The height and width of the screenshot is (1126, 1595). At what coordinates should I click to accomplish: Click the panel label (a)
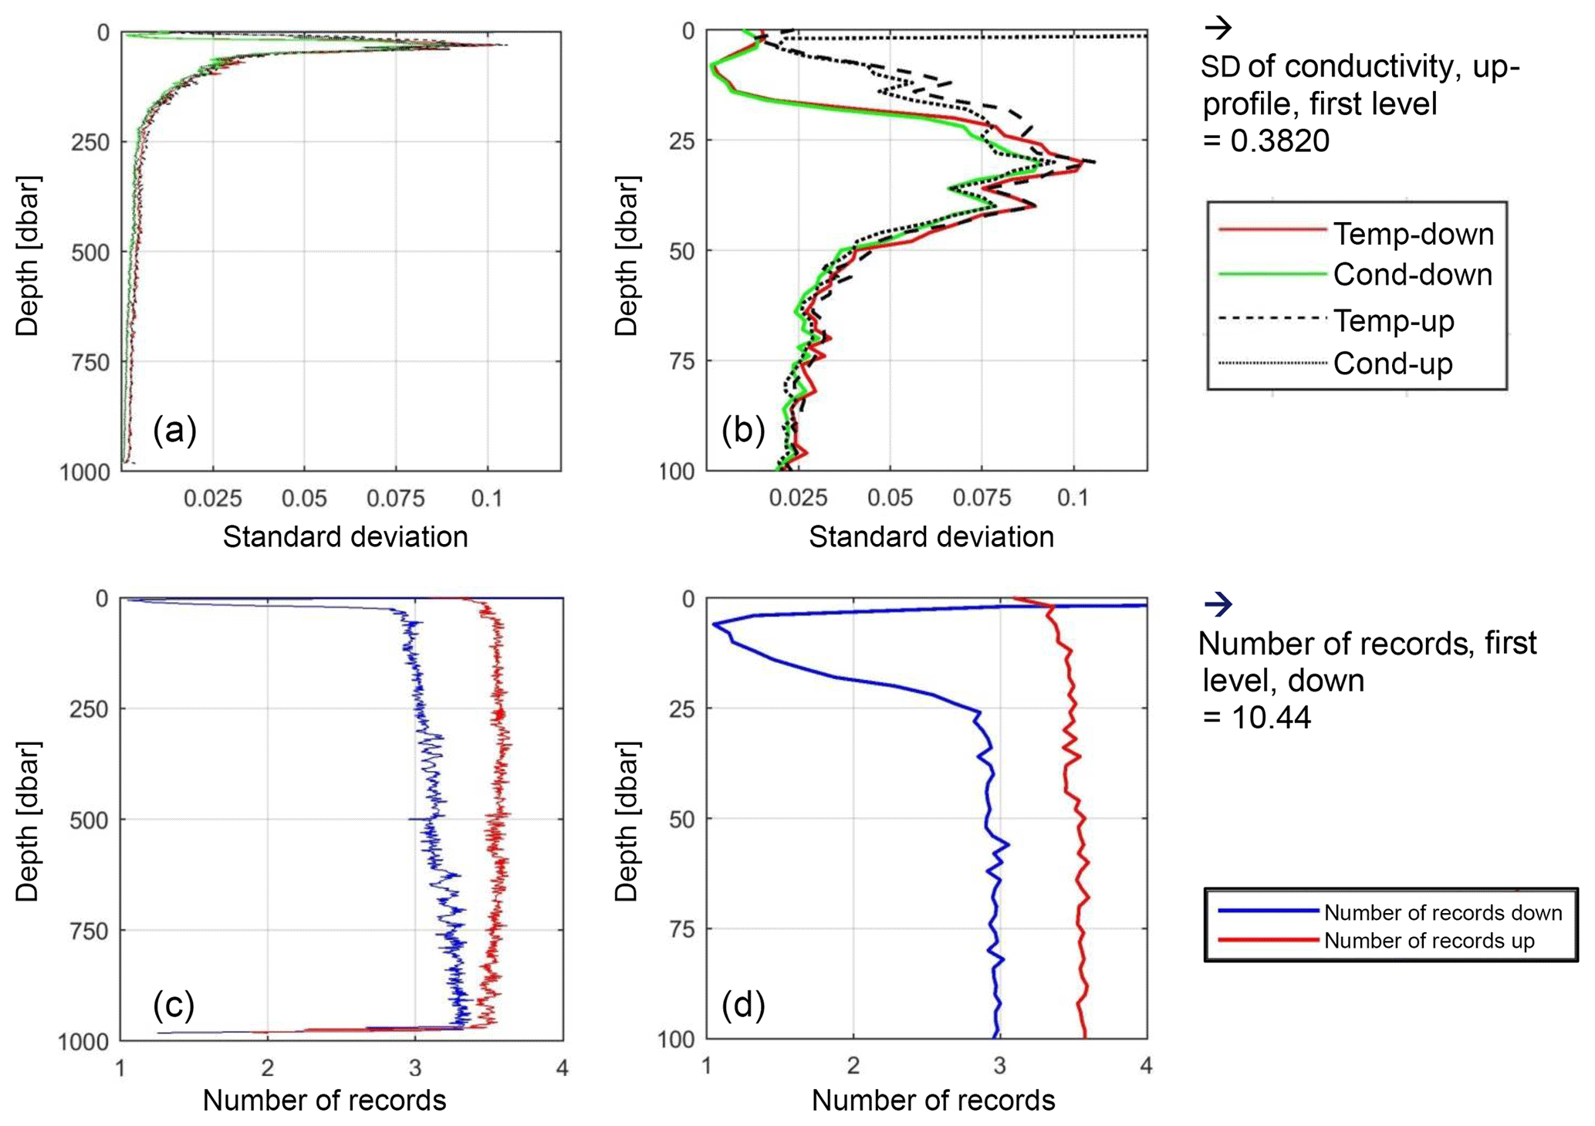(x=174, y=430)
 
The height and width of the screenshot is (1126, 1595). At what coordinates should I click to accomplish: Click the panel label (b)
(x=742, y=430)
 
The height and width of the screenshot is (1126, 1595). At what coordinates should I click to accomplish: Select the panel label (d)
(x=742, y=1005)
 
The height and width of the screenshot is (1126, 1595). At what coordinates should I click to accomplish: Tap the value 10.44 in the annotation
(x=1271, y=718)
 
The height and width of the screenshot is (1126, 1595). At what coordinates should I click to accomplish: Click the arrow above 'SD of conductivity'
(x=1218, y=29)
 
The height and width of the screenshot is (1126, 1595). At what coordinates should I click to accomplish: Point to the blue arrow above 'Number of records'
(x=1218, y=604)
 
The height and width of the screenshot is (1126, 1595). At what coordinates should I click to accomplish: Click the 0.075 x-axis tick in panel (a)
(x=396, y=499)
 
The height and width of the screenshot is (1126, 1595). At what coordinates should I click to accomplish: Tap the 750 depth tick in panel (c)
(x=90, y=932)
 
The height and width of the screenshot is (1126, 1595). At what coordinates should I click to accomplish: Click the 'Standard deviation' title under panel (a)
(x=345, y=537)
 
